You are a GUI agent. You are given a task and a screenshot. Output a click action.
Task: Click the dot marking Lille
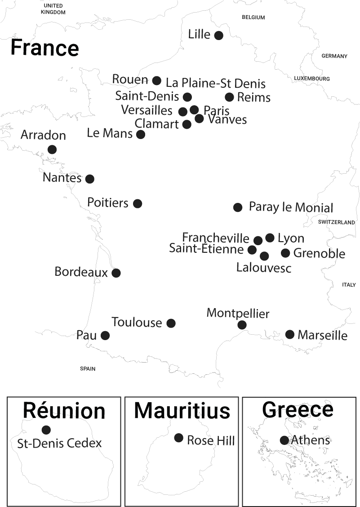tap(218, 35)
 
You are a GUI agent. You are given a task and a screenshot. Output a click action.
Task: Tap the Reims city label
tap(253, 97)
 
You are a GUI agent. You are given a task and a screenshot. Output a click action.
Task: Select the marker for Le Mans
tap(141, 134)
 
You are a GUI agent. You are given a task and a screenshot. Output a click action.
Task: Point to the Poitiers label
tap(108, 203)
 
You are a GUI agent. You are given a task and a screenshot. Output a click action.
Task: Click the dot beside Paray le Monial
tap(238, 207)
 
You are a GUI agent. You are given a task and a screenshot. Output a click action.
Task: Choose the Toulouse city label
tap(137, 323)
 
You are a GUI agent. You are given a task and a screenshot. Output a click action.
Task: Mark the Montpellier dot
tap(242, 325)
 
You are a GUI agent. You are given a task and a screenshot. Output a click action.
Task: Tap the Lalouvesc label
tap(264, 268)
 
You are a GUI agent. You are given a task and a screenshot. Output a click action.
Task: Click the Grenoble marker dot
tap(285, 253)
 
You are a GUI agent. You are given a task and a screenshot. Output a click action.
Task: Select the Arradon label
tap(43, 135)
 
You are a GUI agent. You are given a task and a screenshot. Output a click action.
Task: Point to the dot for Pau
tap(105, 335)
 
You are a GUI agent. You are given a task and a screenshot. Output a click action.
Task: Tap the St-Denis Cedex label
tap(59, 443)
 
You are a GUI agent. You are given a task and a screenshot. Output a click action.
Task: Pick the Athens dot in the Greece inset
tap(284, 440)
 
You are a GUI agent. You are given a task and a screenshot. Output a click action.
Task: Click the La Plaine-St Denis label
tap(216, 83)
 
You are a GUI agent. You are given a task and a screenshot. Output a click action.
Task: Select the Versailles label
tap(147, 110)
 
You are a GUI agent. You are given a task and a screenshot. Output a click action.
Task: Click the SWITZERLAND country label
tap(336, 222)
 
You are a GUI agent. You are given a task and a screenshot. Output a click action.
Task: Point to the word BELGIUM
tap(253, 17)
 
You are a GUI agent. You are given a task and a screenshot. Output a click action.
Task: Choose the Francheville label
tap(216, 238)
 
